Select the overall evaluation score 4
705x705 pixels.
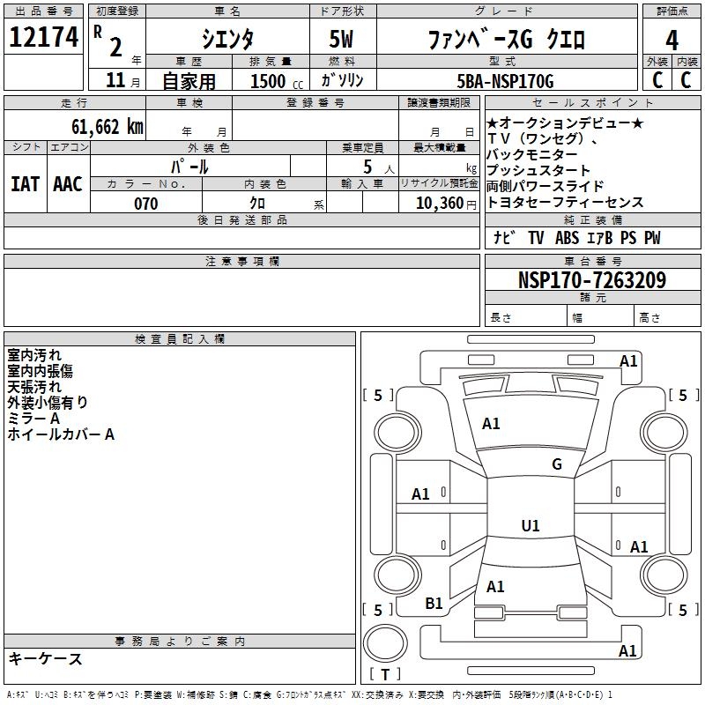click(x=672, y=40)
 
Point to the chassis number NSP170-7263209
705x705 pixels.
click(x=591, y=280)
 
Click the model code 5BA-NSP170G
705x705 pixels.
click(x=506, y=81)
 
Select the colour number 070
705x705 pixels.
click(x=146, y=204)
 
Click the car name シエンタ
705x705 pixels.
click(x=227, y=40)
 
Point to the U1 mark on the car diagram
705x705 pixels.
click(x=530, y=526)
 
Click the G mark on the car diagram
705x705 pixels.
click(x=556, y=464)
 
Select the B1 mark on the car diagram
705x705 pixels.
click(x=434, y=604)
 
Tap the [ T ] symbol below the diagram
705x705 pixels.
click(x=385, y=674)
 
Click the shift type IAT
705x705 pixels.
click(x=25, y=183)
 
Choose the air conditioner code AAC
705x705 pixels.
click(x=68, y=183)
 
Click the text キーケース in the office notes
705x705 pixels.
click(x=45, y=659)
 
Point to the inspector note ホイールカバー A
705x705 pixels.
click(x=61, y=434)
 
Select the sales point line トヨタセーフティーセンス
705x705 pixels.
click(x=565, y=203)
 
